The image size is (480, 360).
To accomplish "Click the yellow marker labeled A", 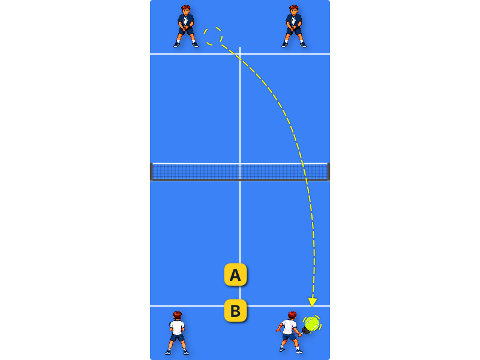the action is (x=235, y=275).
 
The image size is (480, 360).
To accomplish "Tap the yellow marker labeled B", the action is (x=235, y=311).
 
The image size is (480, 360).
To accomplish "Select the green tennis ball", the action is (x=312, y=323).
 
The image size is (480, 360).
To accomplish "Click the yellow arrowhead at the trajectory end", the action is (x=312, y=302).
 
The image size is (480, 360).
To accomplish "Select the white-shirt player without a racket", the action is (x=177, y=333).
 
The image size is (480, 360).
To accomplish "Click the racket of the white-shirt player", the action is (x=305, y=330).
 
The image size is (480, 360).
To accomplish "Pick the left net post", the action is (x=151, y=172).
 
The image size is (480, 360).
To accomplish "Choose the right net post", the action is (x=328, y=172).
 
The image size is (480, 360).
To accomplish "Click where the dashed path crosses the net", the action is (x=304, y=172).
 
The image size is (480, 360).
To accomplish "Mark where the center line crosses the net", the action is (x=240, y=172).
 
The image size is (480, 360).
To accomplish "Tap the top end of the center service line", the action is (x=240, y=47).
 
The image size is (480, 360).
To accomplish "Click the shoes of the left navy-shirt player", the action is (x=186, y=45).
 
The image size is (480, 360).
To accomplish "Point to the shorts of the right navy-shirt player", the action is (x=294, y=31).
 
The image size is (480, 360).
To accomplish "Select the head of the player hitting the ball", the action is (x=292, y=316).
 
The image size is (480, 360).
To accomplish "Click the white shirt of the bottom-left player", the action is (x=177, y=328).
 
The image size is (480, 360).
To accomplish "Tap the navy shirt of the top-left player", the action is (x=186, y=21).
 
